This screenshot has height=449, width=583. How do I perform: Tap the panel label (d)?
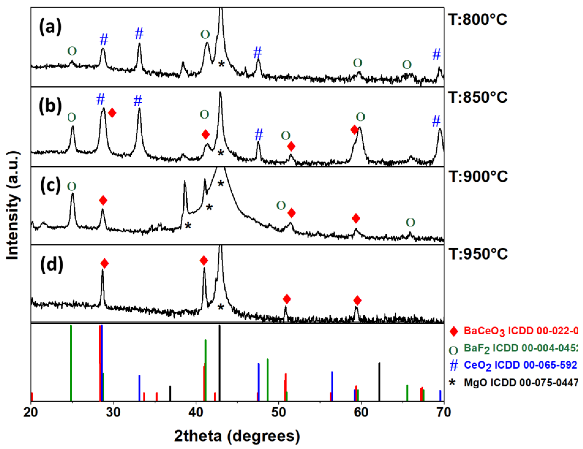(x=52, y=265)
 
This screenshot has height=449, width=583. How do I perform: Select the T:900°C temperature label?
(x=478, y=177)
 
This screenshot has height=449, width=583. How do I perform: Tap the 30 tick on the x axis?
(x=113, y=412)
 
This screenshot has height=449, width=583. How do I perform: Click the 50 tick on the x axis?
(x=279, y=412)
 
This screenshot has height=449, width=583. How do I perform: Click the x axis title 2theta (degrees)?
(x=237, y=436)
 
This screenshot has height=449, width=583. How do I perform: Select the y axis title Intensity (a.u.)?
(x=13, y=206)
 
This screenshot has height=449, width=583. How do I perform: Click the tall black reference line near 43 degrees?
(x=219, y=363)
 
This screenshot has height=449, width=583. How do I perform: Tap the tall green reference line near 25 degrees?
(x=71, y=363)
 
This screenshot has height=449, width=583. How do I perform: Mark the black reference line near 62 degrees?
(x=379, y=382)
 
